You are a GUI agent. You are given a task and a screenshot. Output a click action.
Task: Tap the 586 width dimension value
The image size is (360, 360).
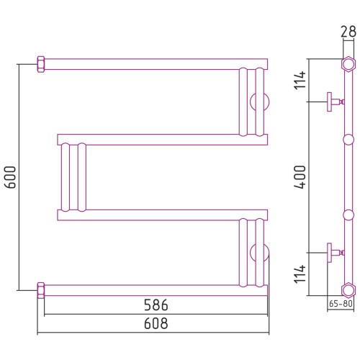[156, 305]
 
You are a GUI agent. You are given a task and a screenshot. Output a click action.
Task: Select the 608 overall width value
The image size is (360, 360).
[156, 323]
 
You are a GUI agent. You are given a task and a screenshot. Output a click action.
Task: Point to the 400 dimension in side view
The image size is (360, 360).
[300, 177]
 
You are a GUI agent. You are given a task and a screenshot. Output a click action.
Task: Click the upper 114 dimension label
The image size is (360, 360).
[300, 81]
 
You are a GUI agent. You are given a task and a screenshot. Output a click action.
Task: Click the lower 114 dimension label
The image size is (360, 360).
[300, 274]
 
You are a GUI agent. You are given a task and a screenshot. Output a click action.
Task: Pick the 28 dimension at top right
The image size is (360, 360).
[348, 32]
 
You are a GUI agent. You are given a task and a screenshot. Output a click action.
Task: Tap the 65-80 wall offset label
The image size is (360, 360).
[341, 304]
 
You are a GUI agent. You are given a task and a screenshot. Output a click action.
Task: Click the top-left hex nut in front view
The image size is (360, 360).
[41, 64]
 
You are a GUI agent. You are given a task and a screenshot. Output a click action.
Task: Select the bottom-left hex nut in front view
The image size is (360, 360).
[41, 290]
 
